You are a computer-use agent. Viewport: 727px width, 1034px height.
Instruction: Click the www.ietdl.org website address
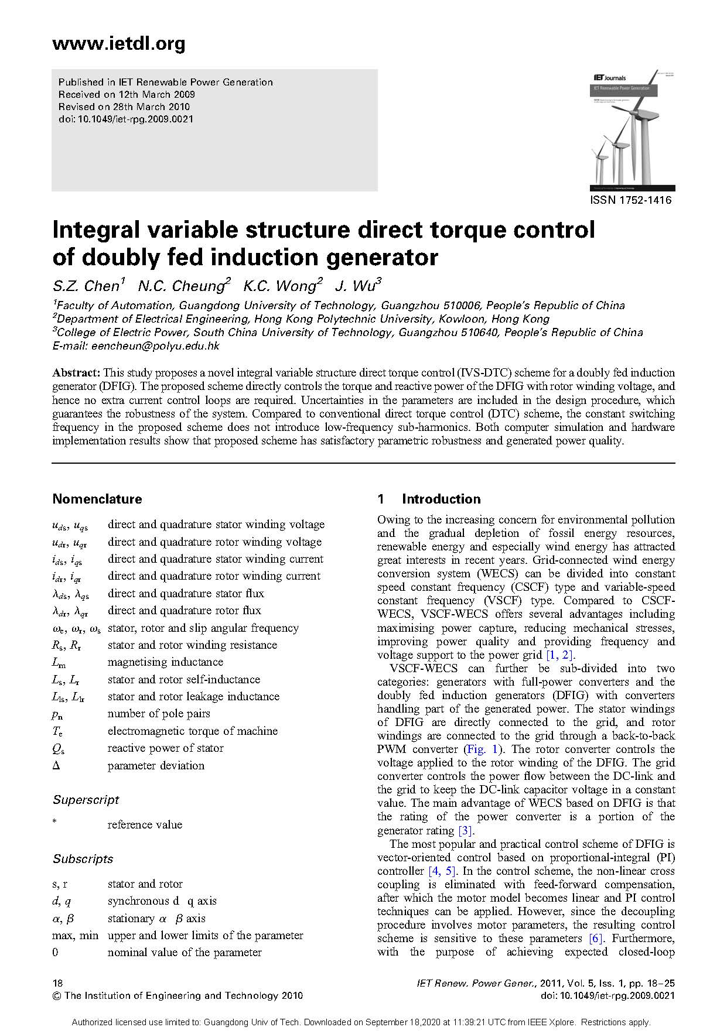pos(118,44)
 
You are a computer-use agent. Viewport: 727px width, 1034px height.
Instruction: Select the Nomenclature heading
pos(97,499)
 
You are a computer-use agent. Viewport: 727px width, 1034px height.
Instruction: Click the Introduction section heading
pos(441,499)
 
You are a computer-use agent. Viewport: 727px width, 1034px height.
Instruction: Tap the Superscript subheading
pos(86,800)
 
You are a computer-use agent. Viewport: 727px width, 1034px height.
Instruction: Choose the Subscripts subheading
pos(83,859)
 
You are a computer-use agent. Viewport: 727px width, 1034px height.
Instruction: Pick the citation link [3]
pos(465,830)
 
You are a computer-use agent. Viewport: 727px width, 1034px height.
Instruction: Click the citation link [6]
pos(596,939)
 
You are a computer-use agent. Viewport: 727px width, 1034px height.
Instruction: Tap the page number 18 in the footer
pos(57,983)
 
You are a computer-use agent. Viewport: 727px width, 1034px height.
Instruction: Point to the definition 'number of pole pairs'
pos(159,714)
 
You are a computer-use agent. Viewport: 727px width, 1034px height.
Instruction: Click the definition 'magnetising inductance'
pos(165,662)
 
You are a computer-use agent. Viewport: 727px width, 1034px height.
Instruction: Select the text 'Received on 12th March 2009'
pos(127,94)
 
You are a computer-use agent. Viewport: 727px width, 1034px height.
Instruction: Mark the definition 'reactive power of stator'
pos(165,748)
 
